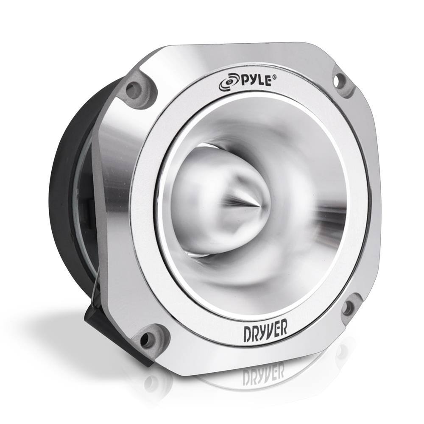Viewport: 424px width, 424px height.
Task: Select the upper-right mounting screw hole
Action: (340, 80)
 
